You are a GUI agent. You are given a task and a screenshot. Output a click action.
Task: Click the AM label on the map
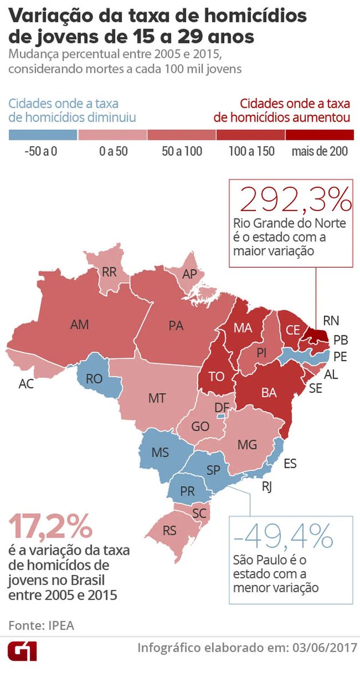pyautogui.click(x=79, y=325)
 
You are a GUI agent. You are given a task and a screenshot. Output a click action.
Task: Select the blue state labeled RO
pyautogui.click(x=95, y=378)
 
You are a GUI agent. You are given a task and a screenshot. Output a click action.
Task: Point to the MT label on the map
pyautogui.click(x=157, y=398)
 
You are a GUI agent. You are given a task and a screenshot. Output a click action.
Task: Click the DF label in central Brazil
pyautogui.click(x=222, y=408)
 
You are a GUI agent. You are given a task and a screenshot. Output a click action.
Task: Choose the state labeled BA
pyautogui.click(x=269, y=393)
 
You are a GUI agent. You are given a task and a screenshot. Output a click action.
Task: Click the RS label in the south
pyautogui.click(x=170, y=530)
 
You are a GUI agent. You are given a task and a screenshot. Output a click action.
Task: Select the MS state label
pyautogui.click(x=160, y=452)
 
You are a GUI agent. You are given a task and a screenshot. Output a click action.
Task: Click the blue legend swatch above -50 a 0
pyautogui.click(x=43, y=135)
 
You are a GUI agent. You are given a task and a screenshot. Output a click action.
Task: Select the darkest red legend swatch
pyautogui.click(x=319, y=135)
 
